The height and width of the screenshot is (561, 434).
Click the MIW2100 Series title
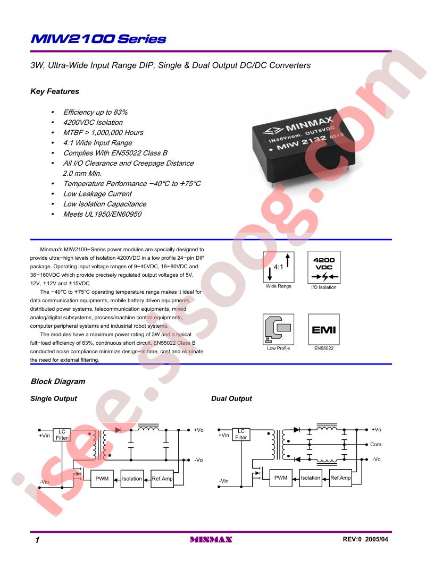click(98, 39)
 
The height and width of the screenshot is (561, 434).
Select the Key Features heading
click(54, 91)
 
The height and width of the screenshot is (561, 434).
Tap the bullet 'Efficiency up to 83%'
click(95, 112)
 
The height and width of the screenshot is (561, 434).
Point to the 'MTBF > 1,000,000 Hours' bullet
click(103, 132)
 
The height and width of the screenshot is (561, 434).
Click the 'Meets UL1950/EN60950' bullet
click(102, 214)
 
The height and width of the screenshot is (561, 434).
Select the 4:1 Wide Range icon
click(279, 267)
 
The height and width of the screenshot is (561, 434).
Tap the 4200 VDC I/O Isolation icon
click(324, 267)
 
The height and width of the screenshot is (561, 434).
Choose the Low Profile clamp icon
click(278, 329)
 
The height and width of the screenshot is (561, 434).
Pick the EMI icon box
click(324, 329)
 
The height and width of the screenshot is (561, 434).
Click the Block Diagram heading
click(58, 381)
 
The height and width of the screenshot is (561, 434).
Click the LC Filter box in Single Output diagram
click(62, 435)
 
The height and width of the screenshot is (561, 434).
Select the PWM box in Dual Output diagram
click(281, 478)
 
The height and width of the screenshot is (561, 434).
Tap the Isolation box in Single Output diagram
click(132, 479)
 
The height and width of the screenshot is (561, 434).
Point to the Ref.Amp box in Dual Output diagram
click(340, 478)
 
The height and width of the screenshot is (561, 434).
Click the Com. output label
click(377, 444)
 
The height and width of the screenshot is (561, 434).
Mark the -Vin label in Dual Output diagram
click(223, 481)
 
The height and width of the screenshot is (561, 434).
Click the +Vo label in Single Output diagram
click(198, 430)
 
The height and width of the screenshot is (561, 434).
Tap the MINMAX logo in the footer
click(211, 540)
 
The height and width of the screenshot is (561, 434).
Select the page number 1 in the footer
click(37, 540)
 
